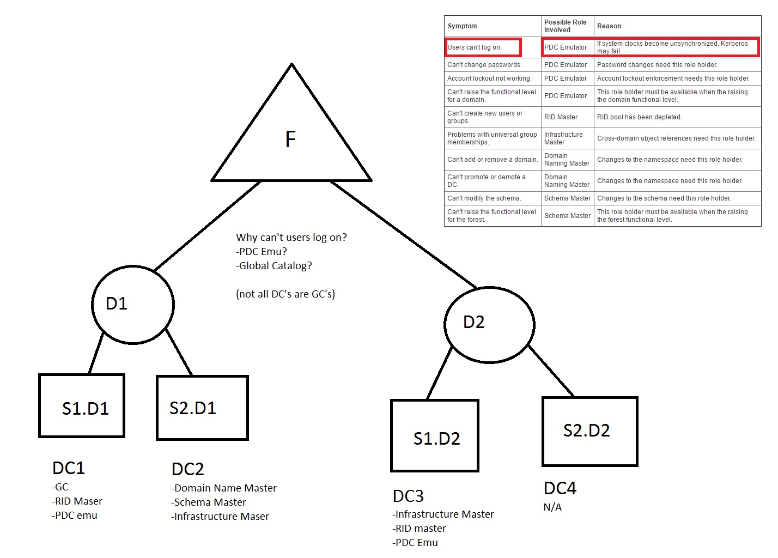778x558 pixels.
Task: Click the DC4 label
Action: pos(560,488)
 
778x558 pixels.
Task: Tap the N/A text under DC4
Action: pos(552,507)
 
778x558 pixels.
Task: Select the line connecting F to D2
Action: pos(404,234)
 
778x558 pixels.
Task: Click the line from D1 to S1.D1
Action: pos(96,353)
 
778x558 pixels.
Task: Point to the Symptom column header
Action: pos(462,26)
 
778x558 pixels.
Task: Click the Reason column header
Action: pos(609,26)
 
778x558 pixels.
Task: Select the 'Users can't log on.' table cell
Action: pos(483,47)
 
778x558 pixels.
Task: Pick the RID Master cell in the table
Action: pos(561,117)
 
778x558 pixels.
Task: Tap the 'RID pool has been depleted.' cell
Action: pos(639,117)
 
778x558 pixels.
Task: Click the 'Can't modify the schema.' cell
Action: pos(484,198)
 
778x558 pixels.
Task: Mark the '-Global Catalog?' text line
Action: pos(273,266)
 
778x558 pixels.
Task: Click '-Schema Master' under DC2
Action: pos(208,502)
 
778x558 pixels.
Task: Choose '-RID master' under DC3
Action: pos(419,528)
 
